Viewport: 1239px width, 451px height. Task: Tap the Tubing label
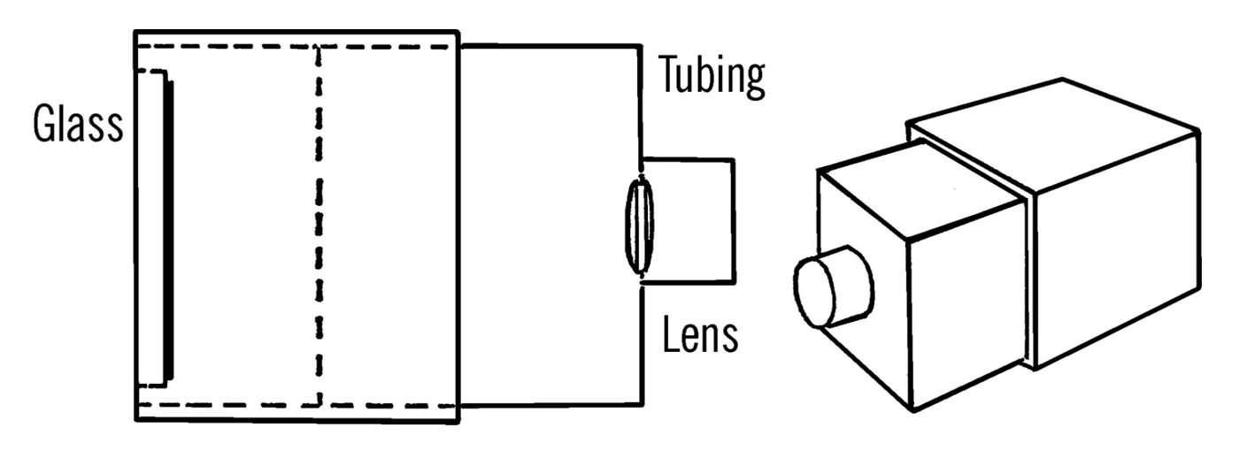(x=711, y=77)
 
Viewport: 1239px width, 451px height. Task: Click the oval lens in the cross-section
(x=640, y=225)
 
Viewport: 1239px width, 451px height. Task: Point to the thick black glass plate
(x=168, y=227)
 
